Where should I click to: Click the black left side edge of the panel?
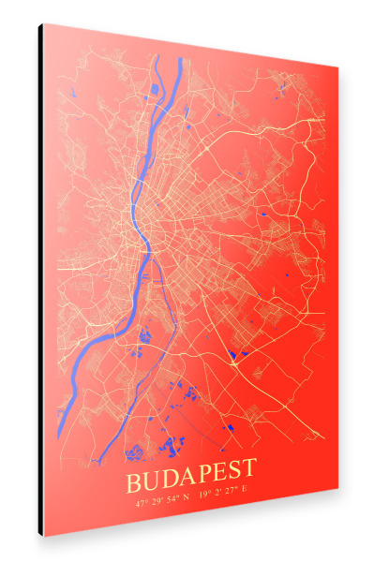pos(41,281)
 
